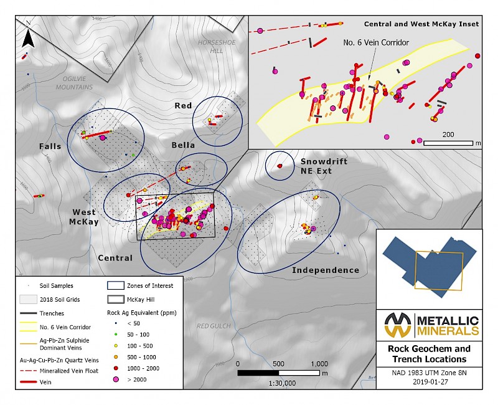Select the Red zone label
click(183, 106)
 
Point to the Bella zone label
click(184, 145)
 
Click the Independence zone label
click(326, 270)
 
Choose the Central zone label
click(115, 258)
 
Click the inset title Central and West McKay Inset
click(421, 24)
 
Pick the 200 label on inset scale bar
click(448, 135)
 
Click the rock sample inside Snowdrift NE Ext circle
click(280, 166)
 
